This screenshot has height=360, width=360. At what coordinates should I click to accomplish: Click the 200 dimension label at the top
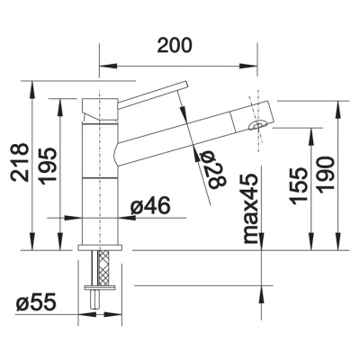(x=175, y=46)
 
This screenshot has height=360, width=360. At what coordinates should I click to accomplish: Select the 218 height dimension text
(x=20, y=162)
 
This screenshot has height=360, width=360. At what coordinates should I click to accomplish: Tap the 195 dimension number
(x=48, y=166)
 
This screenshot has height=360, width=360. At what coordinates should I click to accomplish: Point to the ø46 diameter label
(x=150, y=206)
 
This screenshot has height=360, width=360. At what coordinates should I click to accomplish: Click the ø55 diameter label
(x=36, y=302)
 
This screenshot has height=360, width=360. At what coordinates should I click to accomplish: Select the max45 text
(x=250, y=209)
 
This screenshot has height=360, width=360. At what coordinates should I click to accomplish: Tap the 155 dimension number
(x=299, y=186)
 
